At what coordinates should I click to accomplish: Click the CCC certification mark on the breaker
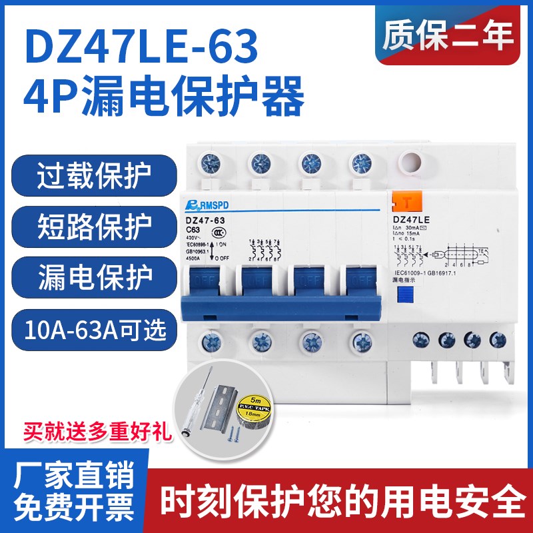pos(217,234)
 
